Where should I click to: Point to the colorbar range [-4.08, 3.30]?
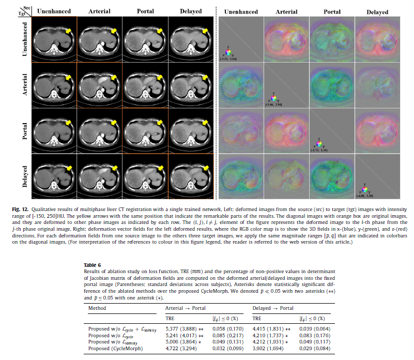coord(365,197)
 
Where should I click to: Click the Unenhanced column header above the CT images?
coord(54,11)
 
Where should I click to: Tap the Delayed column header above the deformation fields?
coord(378,11)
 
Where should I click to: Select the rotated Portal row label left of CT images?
coord(24,131)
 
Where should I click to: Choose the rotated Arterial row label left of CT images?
coord(24,84)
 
